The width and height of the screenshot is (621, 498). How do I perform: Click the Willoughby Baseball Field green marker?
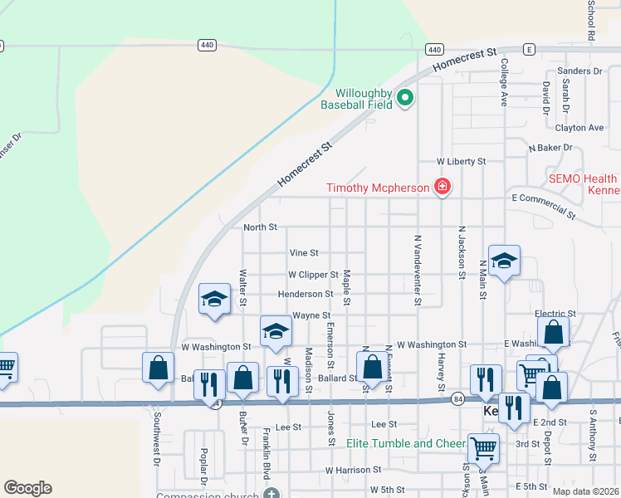click(405, 99)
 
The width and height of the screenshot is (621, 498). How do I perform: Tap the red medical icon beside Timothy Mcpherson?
click(443, 187)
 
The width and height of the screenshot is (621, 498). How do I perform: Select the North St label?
click(260, 227)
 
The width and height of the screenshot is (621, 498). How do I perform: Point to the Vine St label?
click(303, 253)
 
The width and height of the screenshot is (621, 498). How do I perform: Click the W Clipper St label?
click(313, 275)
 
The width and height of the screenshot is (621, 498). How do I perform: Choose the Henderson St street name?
click(306, 295)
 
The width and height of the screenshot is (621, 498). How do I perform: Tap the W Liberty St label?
click(462, 162)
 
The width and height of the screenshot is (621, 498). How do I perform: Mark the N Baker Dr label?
click(550, 148)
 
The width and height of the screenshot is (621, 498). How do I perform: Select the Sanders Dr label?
click(579, 71)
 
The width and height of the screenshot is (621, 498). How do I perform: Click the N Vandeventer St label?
click(418, 270)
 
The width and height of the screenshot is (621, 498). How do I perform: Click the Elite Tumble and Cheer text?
click(405, 444)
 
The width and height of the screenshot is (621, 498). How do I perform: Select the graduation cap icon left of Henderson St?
click(213, 299)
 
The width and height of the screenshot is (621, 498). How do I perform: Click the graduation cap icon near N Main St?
click(503, 261)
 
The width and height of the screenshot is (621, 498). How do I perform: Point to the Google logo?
click(27, 488)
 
